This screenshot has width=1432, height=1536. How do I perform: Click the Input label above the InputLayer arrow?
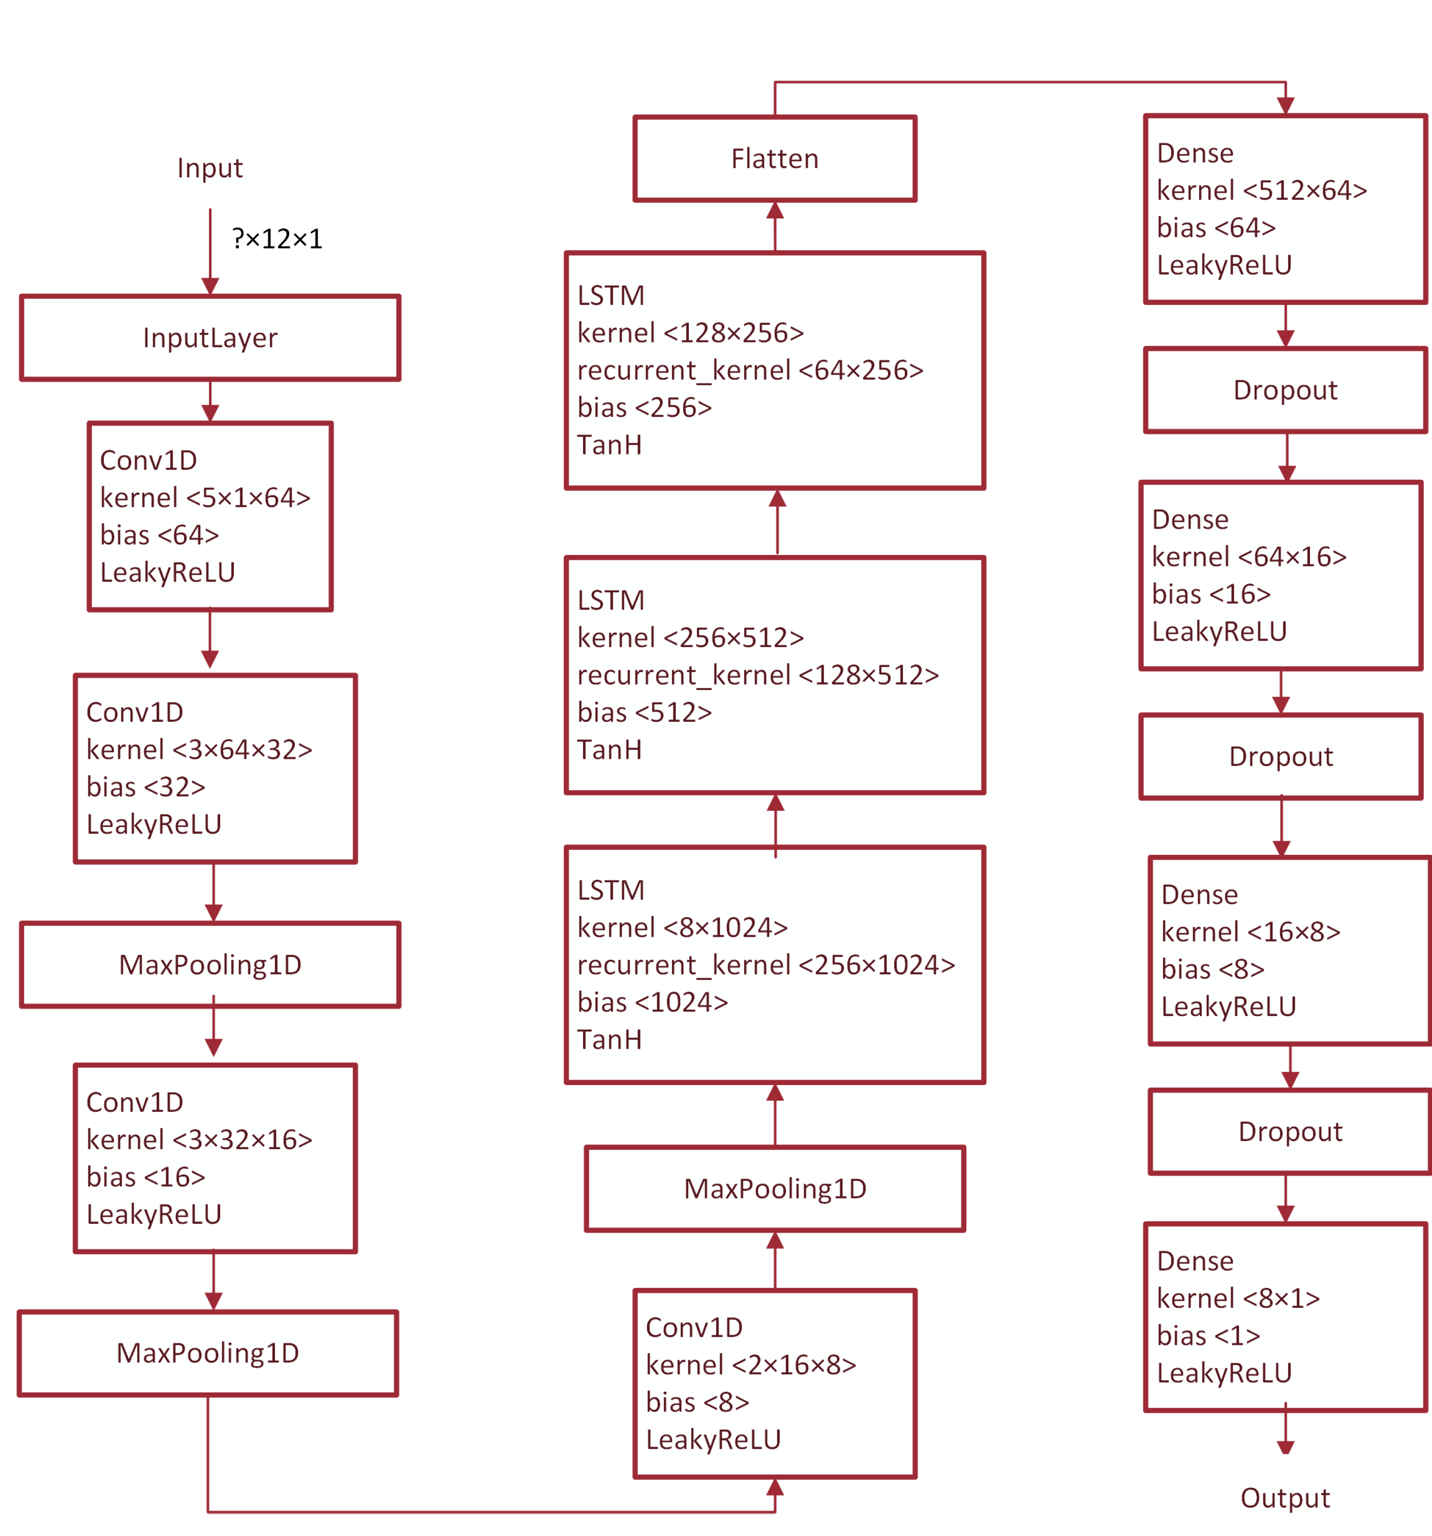coord(209,168)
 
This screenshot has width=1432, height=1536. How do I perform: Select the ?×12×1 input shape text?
coord(277,239)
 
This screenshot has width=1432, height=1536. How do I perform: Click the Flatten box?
coord(774,159)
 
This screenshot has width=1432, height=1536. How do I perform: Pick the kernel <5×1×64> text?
coord(205,498)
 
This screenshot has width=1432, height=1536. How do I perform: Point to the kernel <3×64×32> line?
coord(199,750)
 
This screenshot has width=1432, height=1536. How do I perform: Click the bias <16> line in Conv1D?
coord(145,1177)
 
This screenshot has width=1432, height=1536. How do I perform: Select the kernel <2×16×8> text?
coord(750,1365)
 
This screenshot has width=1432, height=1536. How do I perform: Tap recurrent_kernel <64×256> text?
coord(750,370)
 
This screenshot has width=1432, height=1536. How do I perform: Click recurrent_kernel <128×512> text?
coord(757,674)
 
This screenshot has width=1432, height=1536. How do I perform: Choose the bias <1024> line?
coord(652,1002)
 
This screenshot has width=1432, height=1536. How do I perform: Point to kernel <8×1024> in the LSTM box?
coord(682,927)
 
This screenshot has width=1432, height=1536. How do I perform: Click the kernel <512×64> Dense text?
coord(1261,190)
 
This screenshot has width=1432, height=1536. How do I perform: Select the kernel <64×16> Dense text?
coord(1249,556)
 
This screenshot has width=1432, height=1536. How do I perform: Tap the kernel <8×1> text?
coord(1238,1298)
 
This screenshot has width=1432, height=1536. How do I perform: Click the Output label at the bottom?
coord(1285,1497)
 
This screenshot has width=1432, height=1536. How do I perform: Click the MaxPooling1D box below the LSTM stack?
coord(774,1188)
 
